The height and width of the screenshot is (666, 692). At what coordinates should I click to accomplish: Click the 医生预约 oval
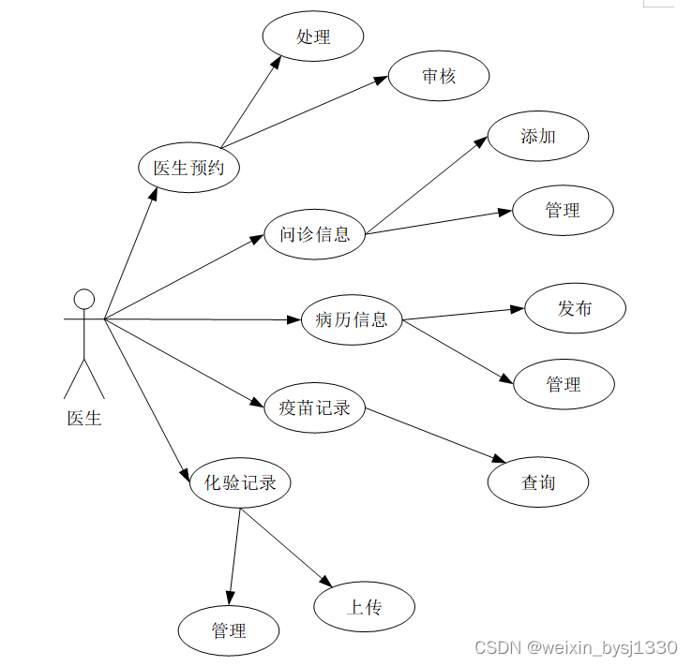[188, 169]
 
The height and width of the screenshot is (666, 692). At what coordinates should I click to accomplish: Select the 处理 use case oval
[313, 37]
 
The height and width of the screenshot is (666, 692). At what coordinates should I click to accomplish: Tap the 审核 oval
[438, 76]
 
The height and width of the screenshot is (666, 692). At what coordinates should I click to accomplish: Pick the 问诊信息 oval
[314, 233]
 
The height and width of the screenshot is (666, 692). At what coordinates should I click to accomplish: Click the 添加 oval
[538, 136]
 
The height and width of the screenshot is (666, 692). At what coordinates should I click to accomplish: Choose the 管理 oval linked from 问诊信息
[563, 210]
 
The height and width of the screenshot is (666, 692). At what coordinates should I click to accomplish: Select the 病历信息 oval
[352, 319]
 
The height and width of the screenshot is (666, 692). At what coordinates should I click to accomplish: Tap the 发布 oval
[575, 308]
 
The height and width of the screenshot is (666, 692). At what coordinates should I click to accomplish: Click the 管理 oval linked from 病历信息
[564, 384]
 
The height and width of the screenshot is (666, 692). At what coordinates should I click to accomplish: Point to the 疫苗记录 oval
[314, 407]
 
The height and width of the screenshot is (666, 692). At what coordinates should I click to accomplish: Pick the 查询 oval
[538, 482]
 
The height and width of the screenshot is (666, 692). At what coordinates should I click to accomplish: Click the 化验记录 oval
[240, 483]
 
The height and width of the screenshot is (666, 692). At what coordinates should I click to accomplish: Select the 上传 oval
[364, 607]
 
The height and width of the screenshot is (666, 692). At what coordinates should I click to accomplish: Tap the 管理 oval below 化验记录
[229, 630]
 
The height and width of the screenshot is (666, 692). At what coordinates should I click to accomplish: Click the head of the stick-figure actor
[84, 299]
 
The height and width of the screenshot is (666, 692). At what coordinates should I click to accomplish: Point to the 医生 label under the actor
[84, 418]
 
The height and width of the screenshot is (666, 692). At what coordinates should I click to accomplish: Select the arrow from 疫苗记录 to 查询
[431, 434]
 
